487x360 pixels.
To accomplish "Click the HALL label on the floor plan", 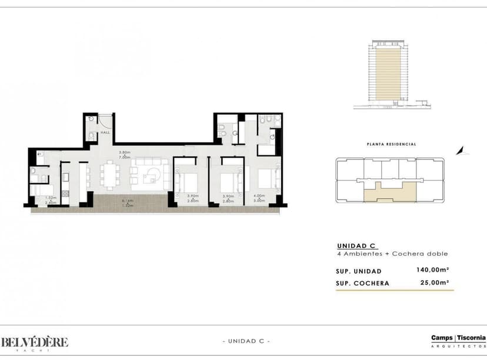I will click(106, 133).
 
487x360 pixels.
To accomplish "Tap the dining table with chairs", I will click(110, 175).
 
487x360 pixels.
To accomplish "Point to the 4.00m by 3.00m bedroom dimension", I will click(259, 198).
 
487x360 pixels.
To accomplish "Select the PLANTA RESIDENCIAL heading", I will click(391, 144).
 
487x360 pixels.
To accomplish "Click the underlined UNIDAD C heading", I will click(356, 246).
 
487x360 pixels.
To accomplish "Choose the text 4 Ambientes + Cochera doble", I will click(392, 254).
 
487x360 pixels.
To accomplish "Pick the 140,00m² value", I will click(432, 271).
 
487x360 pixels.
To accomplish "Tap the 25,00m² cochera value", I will click(433, 282).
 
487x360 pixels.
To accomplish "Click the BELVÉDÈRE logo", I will click(34, 342).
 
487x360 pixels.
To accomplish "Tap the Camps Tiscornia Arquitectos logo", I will click(458, 340).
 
